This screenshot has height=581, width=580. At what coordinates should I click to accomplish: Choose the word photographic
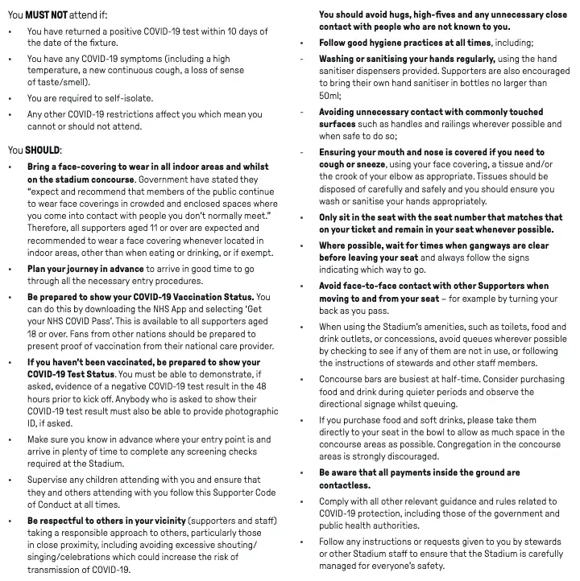[x=237, y=410]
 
